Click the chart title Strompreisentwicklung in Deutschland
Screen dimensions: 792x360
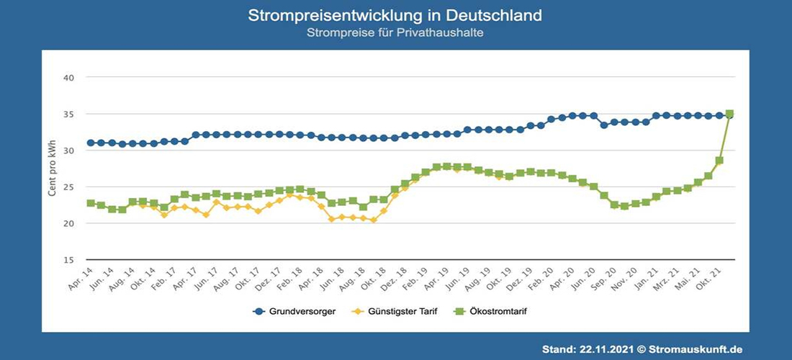point(395,15)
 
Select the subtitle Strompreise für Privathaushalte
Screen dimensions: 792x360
point(395,33)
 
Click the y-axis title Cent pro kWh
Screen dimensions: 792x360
point(52,168)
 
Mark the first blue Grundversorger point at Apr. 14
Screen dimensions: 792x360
point(91,143)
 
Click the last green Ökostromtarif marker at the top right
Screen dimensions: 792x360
point(729,114)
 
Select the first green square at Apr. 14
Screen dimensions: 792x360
point(91,203)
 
